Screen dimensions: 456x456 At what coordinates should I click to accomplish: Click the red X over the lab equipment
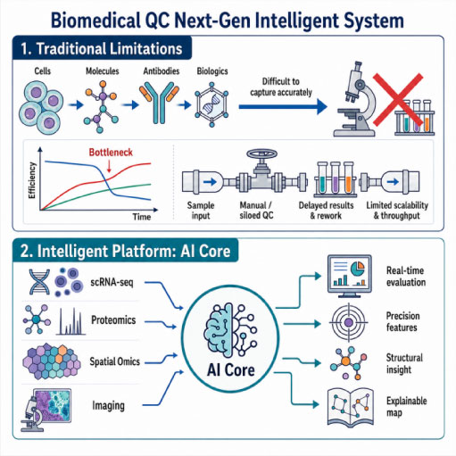pos(398,100)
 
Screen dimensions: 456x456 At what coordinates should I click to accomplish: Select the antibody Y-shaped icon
pos(159,102)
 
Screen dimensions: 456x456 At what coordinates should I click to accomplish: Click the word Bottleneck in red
pos(111,153)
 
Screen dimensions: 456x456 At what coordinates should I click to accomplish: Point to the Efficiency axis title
pos(32,180)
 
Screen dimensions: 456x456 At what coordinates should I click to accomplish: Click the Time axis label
pos(142,217)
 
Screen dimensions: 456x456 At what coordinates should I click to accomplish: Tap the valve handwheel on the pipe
pos(261,154)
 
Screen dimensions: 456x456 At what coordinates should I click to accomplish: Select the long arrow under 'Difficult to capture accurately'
pos(283,106)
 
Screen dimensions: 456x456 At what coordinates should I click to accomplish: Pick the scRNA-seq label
pos(112,282)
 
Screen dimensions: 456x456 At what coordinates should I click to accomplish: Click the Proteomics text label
pos(113,320)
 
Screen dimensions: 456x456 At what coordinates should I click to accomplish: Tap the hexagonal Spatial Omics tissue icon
pos(52,361)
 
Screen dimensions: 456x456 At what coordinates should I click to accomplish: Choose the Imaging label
pos(108,406)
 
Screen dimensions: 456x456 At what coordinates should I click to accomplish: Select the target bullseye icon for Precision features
pos(349,322)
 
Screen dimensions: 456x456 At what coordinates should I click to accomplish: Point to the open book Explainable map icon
pos(351,407)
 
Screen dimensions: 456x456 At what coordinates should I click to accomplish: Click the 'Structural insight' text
pos(404,363)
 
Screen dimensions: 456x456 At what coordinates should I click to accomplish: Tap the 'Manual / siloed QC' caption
pos(256,211)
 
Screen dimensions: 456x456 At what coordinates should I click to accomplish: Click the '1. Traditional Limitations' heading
pos(102,48)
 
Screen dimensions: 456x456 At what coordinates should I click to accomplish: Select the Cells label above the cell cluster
pos(43,71)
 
